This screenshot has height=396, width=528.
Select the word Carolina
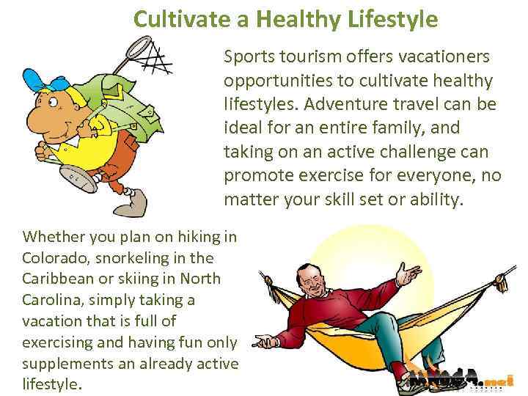pos(54,301)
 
